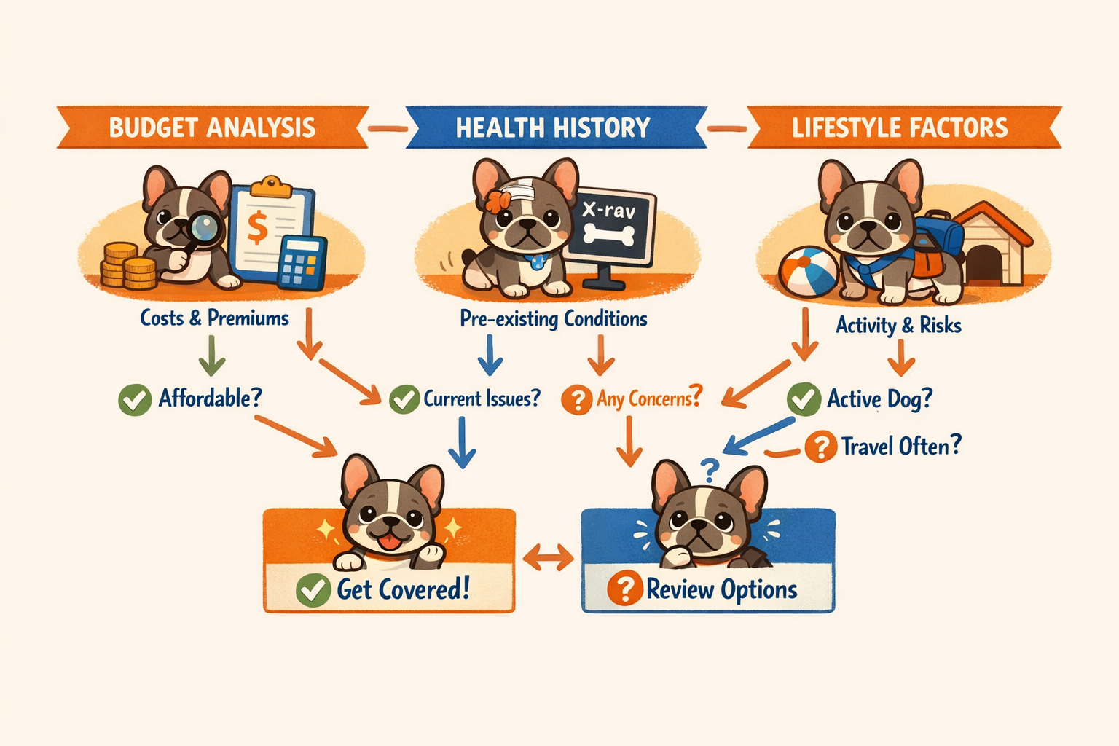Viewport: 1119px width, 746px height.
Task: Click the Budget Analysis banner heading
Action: coord(212,127)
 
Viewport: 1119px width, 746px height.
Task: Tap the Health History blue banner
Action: coord(553,128)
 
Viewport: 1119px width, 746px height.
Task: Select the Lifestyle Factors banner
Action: coord(900,127)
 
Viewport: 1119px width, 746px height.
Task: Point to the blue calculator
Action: coord(302,263)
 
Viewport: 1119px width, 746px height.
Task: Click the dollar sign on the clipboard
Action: coord(256,227)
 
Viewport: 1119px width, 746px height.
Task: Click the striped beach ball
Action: coord(808,272)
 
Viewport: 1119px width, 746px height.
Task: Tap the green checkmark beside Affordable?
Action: coord(135,399)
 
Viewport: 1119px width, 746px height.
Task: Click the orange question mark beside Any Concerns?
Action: coord(577,400)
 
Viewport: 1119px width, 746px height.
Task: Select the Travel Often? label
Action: coord(901,446)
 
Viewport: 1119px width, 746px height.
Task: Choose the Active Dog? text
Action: coord(879,399)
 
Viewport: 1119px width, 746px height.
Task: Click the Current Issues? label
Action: coord(482,399)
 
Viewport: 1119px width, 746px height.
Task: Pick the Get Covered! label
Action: coord(403,589)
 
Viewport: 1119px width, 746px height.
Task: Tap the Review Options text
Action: coord(721,589)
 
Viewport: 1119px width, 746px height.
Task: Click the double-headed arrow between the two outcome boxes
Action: coord(549,559)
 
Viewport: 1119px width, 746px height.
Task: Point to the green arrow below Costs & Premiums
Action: coord(212,356)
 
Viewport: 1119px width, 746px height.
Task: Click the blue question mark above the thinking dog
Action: coord(708,467)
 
